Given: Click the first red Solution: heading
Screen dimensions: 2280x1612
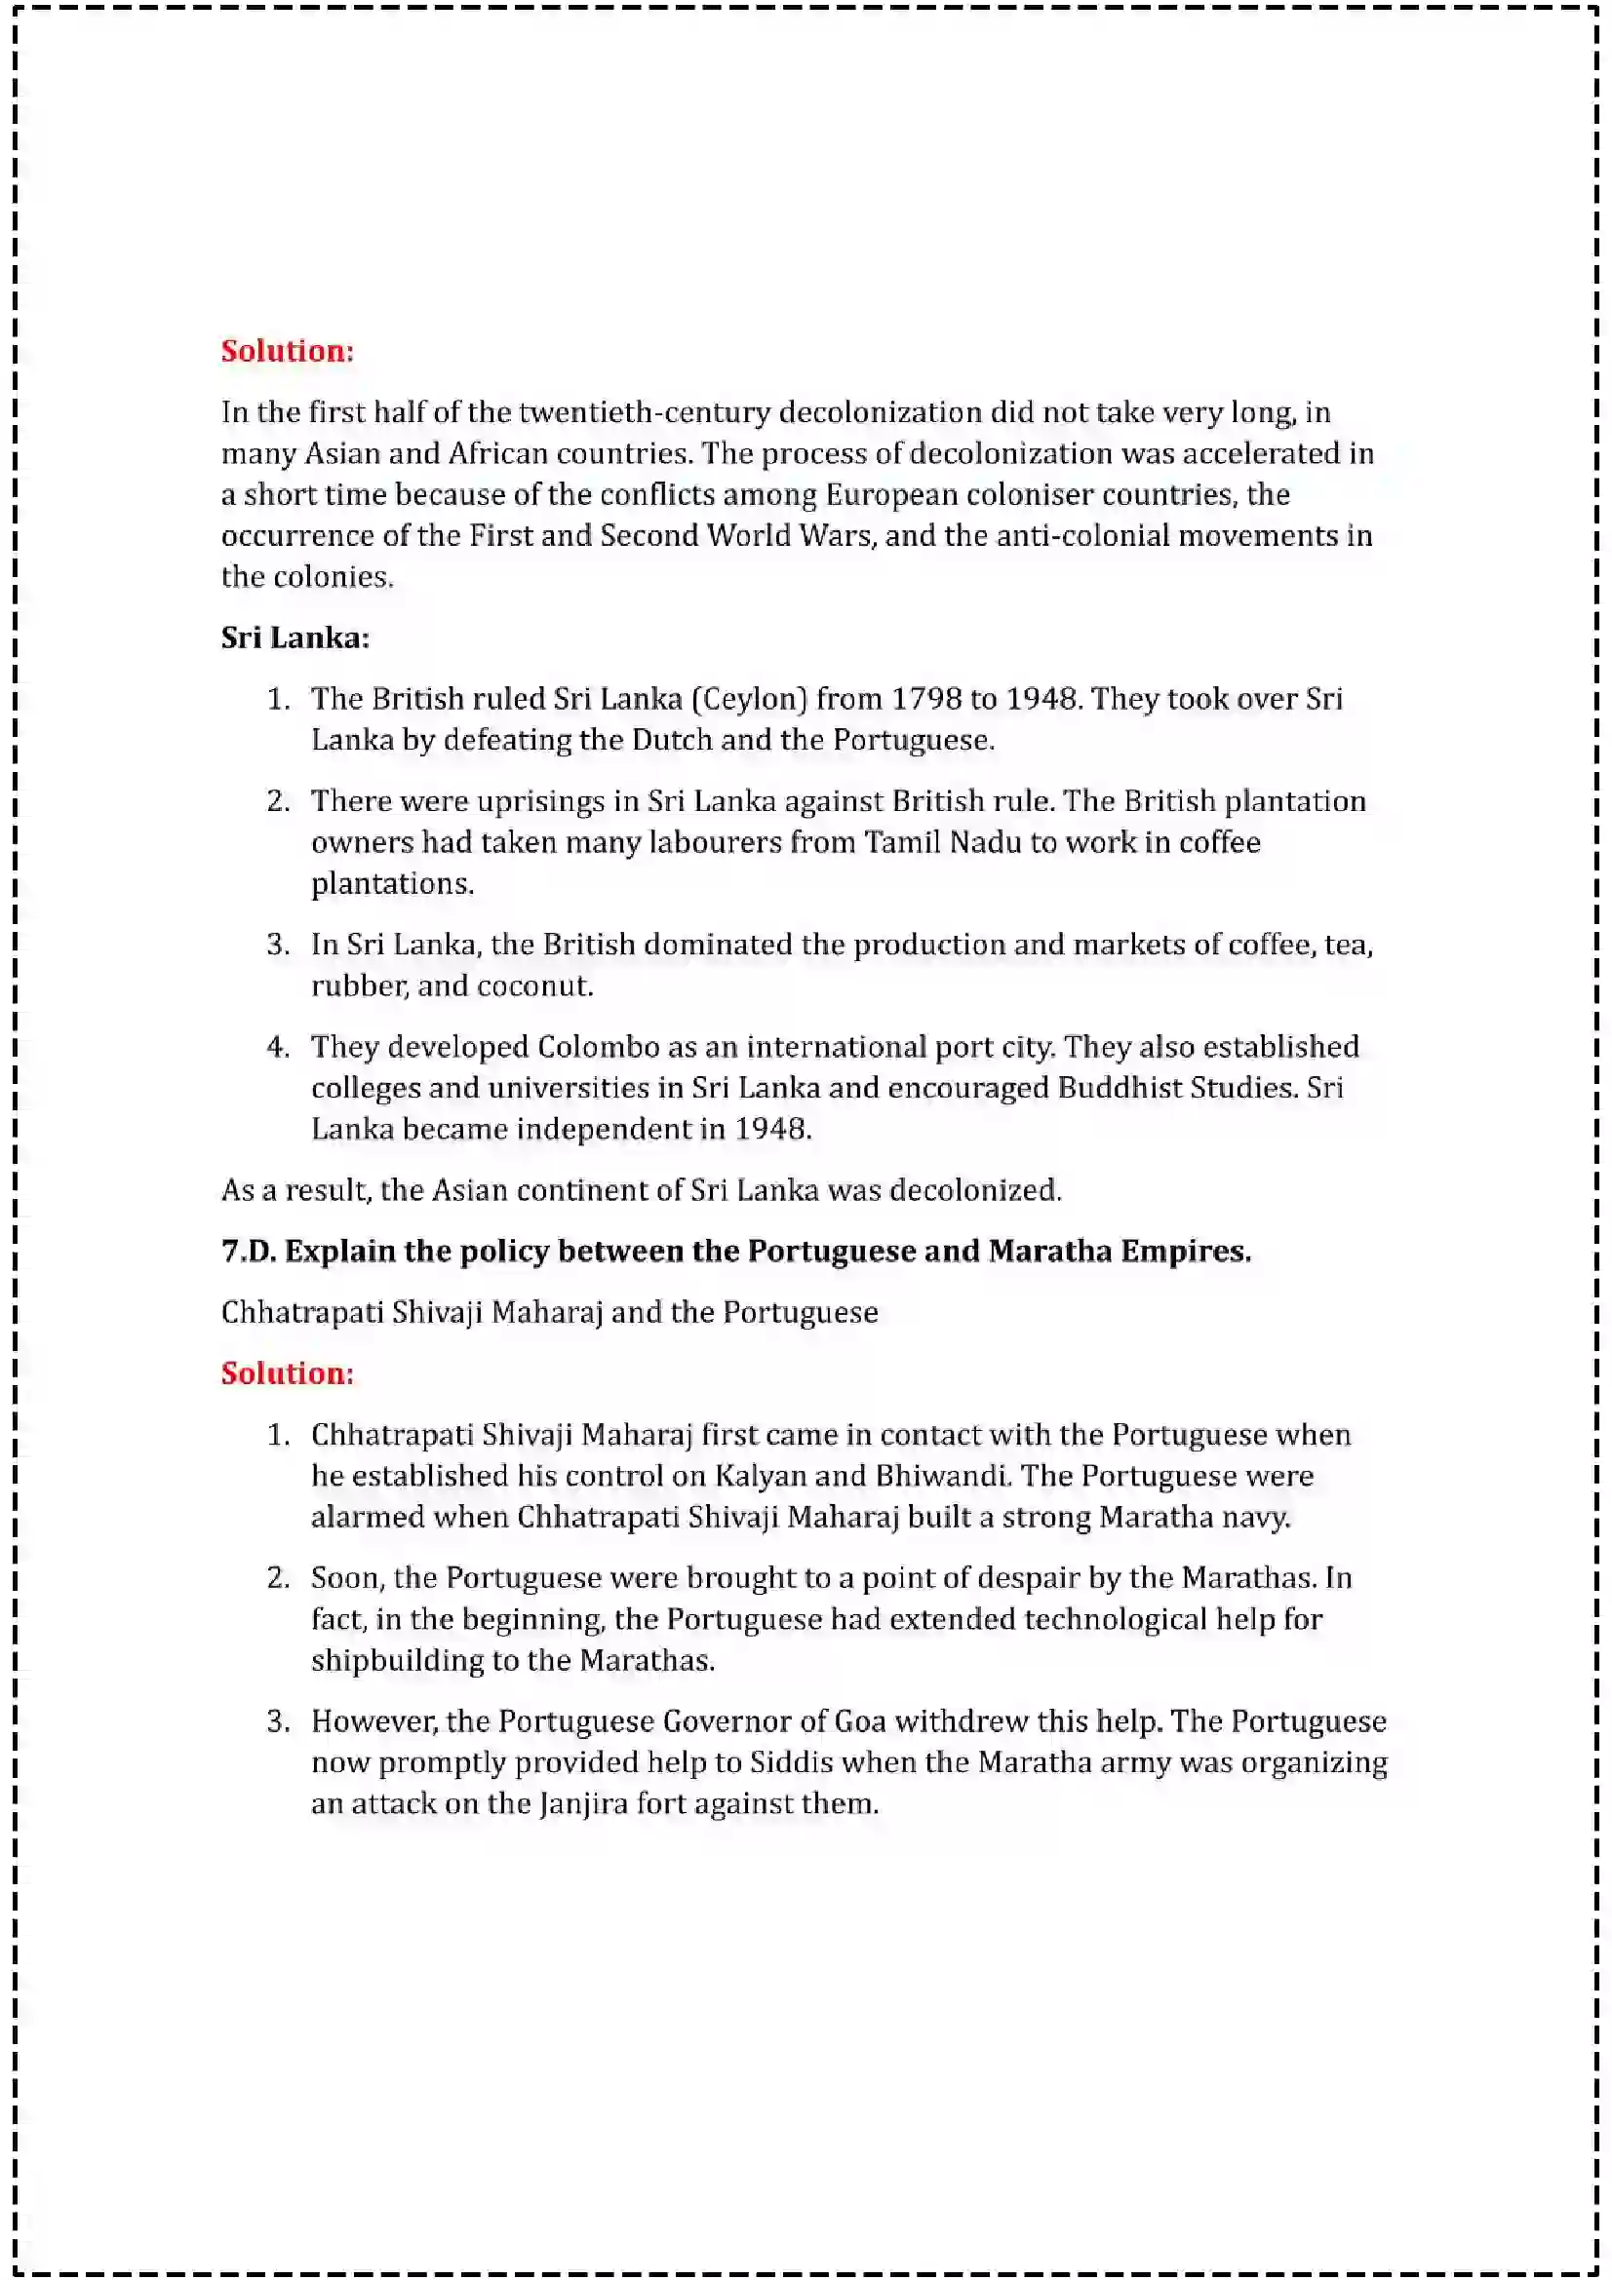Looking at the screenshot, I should (x=287, y=351).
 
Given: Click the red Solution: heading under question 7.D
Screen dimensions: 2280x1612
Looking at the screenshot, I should (x=287, y=1373).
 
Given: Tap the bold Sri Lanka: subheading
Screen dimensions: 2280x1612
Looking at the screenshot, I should (x=295, y=638).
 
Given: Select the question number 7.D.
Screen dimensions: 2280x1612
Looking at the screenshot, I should (x=249, y=1252).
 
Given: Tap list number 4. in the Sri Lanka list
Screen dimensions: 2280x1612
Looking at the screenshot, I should (x=278, y=1047).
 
